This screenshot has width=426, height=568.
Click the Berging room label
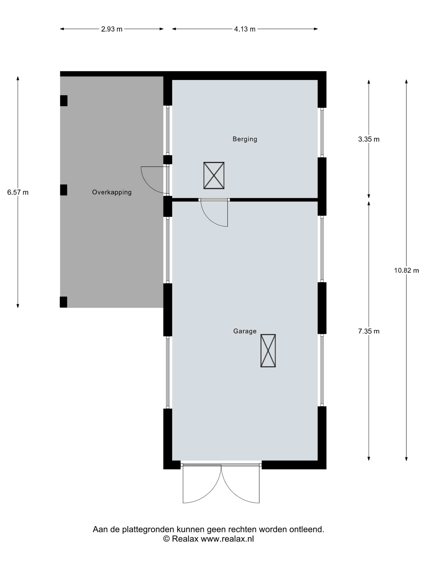coord(245,139)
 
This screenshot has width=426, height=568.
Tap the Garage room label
coord(245,331)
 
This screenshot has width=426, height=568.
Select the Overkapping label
coord(112,192)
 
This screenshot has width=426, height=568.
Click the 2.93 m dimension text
coord(112,29)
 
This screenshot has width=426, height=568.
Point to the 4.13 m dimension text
coord(245,29)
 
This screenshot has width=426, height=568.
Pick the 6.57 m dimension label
coord(18,192)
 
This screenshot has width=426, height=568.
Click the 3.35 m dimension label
coord(369,139)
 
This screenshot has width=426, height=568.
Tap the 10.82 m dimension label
coord(407,270)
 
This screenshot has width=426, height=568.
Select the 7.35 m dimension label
coord(369,331)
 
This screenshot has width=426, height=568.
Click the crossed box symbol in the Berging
coord(214,176)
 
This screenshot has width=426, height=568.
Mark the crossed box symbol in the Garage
coord(268,351)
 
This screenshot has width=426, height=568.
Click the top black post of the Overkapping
coord(64,101)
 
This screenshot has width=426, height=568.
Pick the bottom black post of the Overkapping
coord(63,302)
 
